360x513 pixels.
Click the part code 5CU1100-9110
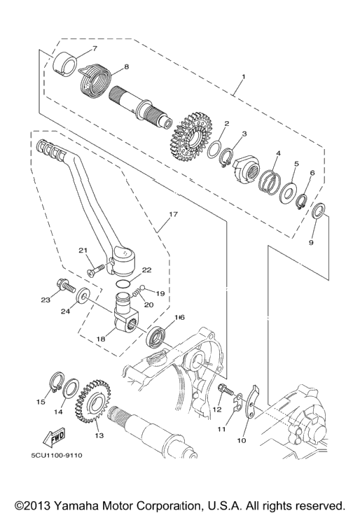pyautogui.click(x=57, y=456)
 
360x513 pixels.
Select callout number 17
pyautogui.click(x=173, y=214)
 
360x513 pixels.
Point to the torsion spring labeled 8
pyautogui.click(x=95, y=80)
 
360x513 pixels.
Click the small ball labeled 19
pyautogui.click(x=142, y=287)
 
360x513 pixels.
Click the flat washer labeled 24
pyautogui.click(x=83, y=295)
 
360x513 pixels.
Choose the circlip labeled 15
pyautogui.click(x=56, y=382)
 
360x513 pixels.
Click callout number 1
pyautogui.click(x=244, y=76)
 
